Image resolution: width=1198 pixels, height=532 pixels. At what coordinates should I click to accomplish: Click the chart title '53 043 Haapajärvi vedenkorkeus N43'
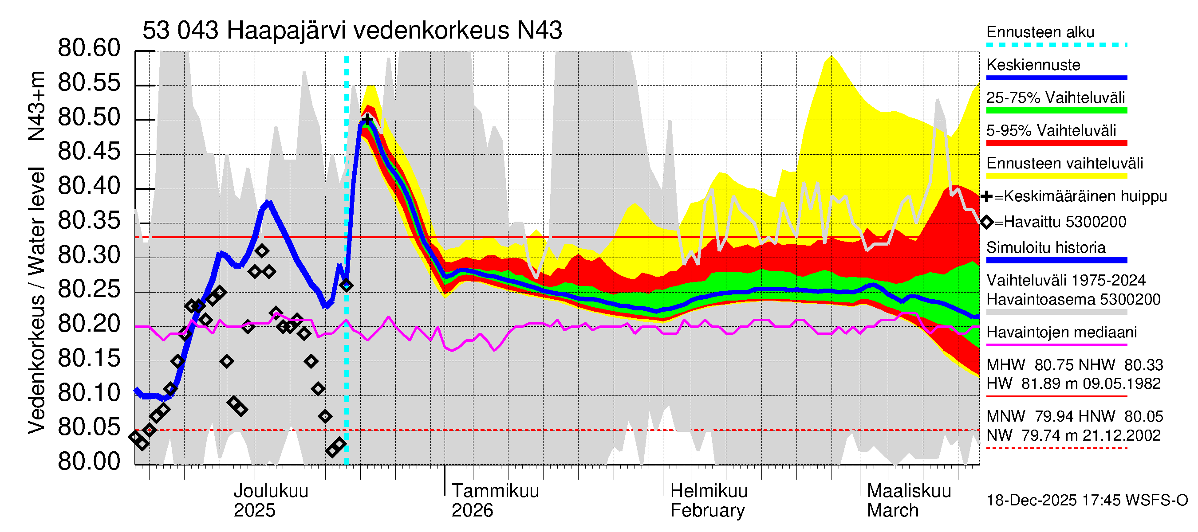[352, 31]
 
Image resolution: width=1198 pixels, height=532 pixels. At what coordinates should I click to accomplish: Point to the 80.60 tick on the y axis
[89, 48]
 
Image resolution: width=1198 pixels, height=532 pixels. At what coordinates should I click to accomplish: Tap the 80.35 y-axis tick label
[89, 221]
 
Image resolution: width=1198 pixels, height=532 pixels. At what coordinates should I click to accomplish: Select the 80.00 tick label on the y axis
[89, 462]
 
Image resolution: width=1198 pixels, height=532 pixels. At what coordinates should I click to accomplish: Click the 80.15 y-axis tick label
[89, 359]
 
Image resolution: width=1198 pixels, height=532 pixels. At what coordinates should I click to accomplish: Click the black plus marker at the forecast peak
[367, 120]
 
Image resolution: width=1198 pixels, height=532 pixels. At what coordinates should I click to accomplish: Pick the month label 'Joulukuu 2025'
[270, 501]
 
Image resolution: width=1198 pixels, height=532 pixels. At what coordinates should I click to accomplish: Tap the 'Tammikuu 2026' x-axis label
[495, 501]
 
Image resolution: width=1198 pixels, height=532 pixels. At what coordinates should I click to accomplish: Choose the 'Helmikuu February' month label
[708, 501]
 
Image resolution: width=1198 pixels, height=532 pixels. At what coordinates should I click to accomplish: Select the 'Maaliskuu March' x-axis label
[909, 501]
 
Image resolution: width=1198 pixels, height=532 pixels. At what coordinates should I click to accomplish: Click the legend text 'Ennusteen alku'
[1040, 32]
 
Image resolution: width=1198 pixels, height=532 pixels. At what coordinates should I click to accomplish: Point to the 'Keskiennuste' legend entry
[1033, 65]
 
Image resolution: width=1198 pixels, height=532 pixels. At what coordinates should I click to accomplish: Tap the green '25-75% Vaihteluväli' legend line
[1056, 110]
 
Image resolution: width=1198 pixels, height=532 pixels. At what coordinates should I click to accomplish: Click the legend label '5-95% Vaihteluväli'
[1051, 130]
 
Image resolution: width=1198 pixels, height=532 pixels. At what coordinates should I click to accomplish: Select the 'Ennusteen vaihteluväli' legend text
[1064, 164]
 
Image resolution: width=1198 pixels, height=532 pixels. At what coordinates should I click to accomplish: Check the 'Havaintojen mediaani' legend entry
[1061, 332]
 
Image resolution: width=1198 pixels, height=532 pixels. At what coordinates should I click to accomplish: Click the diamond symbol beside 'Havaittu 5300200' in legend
[986, 222]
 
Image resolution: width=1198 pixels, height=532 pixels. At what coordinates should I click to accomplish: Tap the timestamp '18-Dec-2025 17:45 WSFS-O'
[1087, 501]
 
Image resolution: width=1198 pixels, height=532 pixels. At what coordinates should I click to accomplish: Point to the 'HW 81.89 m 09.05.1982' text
[1073, 384]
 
